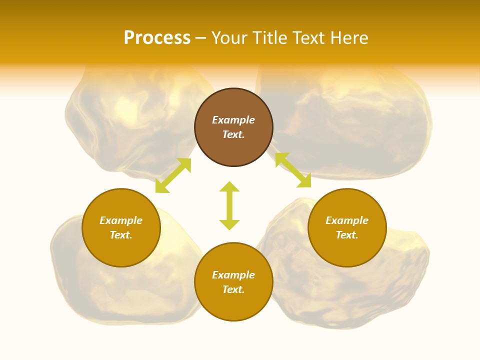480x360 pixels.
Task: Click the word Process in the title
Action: tap(157, 38)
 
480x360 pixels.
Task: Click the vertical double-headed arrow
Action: tap(229, 205)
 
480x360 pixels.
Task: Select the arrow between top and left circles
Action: tap(173, 175)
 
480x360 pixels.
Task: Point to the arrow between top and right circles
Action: tap(293, 170)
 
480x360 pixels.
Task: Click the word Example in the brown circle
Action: tap(233, 120)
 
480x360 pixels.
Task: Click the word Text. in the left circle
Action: tap(121, 235)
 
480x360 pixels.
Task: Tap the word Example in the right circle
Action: tap(347, 220)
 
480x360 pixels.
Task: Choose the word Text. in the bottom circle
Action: tap(233, 289)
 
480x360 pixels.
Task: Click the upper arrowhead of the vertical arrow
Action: tap(229, 186)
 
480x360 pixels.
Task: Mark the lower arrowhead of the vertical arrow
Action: tap(229, 225)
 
